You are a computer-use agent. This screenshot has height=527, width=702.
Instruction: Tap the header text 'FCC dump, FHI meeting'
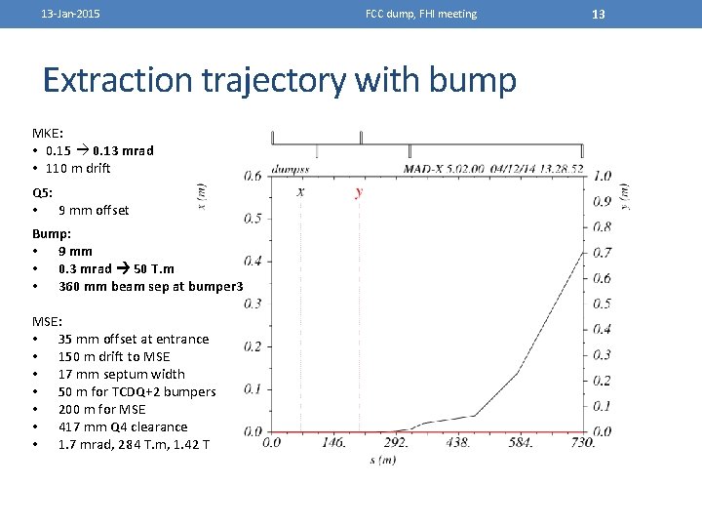(421, 14)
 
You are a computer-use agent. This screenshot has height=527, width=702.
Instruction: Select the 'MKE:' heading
(48, 133)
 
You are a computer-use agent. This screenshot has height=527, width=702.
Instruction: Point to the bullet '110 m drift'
(78, 168)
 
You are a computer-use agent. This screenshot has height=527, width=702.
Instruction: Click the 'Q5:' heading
(43, 192)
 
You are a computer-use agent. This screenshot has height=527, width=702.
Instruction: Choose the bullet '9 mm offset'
(94, 210)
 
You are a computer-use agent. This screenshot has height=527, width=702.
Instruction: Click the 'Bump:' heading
(52, 233)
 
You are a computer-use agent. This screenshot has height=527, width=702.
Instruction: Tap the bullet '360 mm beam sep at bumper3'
(150, 286)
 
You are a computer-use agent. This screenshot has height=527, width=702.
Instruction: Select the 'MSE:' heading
(48, 321)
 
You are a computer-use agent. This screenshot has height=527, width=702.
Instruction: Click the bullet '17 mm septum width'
(121, 374)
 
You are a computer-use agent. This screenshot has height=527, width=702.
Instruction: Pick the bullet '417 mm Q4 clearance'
(123, 426)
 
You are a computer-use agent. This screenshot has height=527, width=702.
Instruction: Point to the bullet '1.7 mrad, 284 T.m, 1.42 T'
(133, 444)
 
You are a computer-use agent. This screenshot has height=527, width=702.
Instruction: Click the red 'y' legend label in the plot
(359, 192)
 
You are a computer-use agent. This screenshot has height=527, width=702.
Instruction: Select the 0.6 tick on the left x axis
(252, 176)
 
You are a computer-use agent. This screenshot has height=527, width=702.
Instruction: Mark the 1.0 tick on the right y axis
(603, 176)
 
